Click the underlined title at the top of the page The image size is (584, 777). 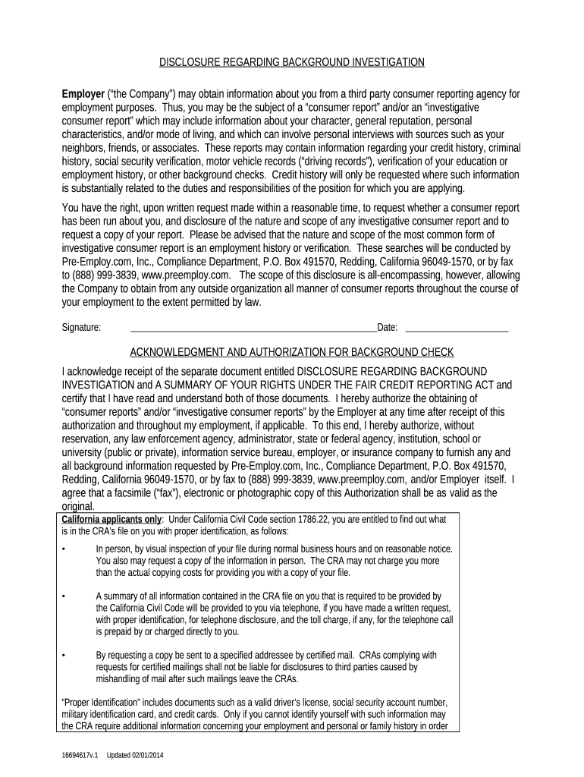click(292, 61)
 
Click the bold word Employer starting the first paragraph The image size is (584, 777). click(83, 94)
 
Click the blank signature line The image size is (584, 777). click(253, 329)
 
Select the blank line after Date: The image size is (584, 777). click(457, 329)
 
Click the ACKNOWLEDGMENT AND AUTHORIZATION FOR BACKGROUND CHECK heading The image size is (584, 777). click(292, 352)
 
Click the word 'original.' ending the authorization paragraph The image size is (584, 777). click(78, 506)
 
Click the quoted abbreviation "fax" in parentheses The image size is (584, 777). click(173, 492)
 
